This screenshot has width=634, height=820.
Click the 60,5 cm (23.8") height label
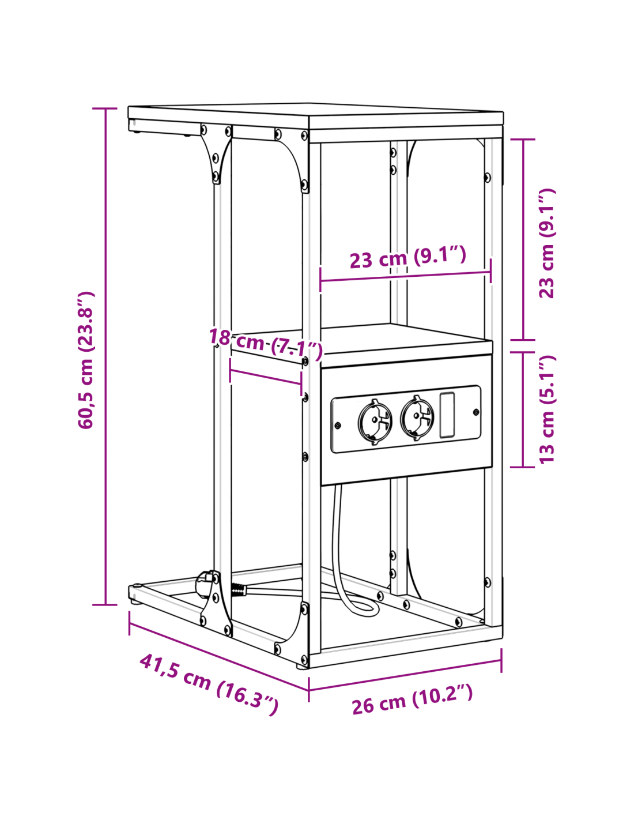click(x=85, y=360)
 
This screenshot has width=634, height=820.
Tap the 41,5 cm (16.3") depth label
click(x=209, y=684)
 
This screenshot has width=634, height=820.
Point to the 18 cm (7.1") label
click(x=266, y=344)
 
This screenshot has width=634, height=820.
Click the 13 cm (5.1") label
click(x=547, y=409)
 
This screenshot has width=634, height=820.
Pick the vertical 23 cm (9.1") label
click(x=547, y=244)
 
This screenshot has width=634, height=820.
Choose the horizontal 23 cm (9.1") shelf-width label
click(x=408, y=257)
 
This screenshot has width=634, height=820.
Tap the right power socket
click(x=417, y=417)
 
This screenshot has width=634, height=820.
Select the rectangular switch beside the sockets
click(x=447, y=415)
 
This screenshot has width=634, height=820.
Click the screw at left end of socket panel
click(x=338, y=426)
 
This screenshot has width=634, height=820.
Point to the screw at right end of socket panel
click(x=476, y=412)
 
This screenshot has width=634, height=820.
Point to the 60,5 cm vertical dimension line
click(x=105, y=356)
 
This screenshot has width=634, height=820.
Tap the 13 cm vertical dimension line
click(x=523, y=409)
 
